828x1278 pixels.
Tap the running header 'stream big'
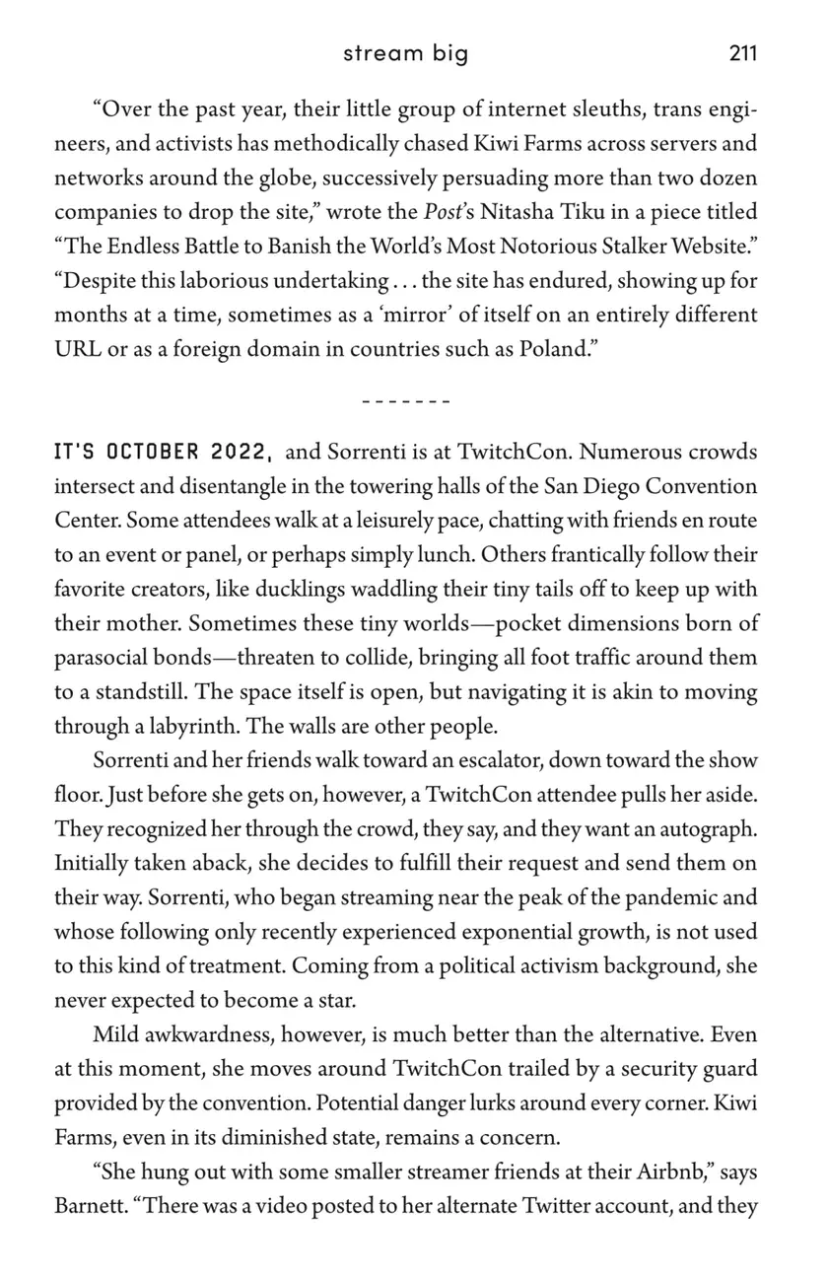coord(405,54)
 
